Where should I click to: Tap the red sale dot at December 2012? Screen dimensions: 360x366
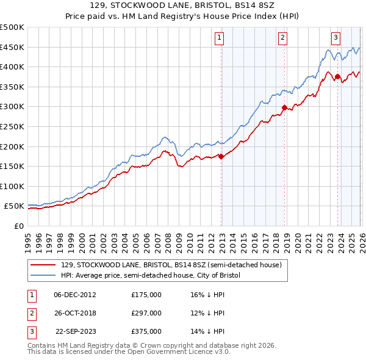pos(221,156)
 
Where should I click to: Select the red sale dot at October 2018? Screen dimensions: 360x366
pos(284,108)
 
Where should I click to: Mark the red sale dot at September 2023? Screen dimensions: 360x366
pos(337,77)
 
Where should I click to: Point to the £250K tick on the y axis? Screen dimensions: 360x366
pos(12,126)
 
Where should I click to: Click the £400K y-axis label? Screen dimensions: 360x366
pos(12,67)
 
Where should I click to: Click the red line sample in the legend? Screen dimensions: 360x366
pos(43,265)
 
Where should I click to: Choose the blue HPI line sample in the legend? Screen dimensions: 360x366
pos(43,276)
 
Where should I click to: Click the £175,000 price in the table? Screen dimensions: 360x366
pos(146,294)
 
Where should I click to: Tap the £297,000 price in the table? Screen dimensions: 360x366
pos(146,313)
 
